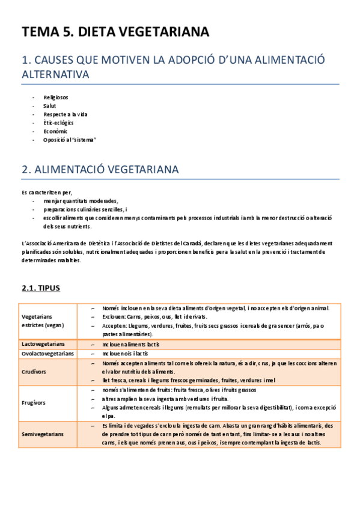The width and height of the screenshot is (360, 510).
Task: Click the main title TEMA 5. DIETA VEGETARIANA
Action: (x=115, y=32)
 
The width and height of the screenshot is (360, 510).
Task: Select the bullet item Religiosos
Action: (x=55, y=97)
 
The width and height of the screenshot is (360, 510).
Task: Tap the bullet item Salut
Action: (x=49, y=105)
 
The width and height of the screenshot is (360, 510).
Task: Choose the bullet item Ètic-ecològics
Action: (x=58, y=122)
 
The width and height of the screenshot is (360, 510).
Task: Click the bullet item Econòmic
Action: (x=55, y=131)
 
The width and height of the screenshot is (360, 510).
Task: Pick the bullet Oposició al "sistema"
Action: (x=70, y=140)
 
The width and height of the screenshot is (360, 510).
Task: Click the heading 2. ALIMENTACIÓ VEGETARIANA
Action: (x=100, y=170)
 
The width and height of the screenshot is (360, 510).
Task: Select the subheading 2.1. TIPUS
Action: (x=41, y=288)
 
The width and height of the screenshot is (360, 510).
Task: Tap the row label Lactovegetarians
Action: (x=40, y=344)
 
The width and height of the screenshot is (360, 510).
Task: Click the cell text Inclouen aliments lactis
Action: (x=131, y=344)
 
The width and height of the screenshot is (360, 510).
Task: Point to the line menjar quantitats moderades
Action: (x=81, y=201)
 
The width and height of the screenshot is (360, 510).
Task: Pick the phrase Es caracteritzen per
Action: (x=46, y=192)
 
